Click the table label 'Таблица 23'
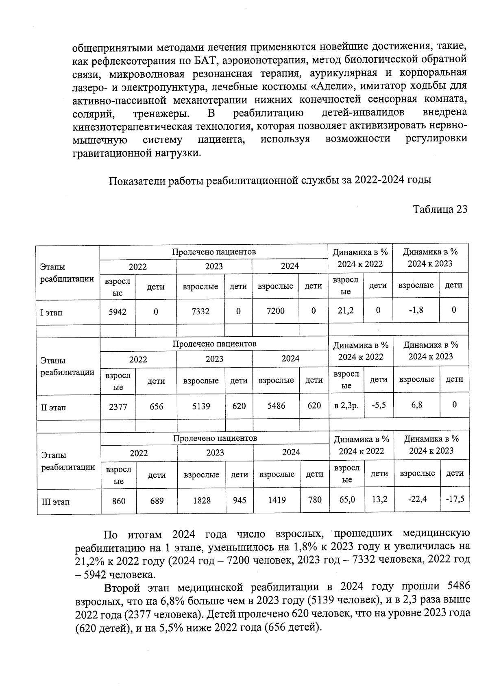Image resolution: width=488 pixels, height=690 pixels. pyautogui.click(x=440, y=209)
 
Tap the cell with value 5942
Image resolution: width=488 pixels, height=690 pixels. pyautogui.click(x=118, y=312)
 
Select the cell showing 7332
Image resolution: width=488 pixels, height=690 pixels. pyautogui.click(x=200, y=311)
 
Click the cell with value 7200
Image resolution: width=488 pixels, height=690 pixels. pyautogui.click(x=275, y=311)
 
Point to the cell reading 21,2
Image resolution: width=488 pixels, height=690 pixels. pyautogui.click(x=346, y=310)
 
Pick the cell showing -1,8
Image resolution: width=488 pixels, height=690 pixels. pyautogui.click(x=416, y=310)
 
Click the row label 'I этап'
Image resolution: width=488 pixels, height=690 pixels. pyautogui.click(x=52, y=313)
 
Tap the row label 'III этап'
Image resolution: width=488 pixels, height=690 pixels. pyautogui.click(x=56, y=501)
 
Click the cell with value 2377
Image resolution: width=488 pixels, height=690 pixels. pyautogui.click(x=118, y=406)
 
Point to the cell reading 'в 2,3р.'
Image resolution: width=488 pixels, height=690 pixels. pyautogui.click(x=346, y=405)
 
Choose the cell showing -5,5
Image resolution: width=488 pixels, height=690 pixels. pyautogui.click(x=379, y=405)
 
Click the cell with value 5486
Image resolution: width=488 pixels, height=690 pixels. pyautogui.click(x=276, y=405)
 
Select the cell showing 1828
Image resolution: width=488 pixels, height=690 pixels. pyautogui.click(x=202, y=501)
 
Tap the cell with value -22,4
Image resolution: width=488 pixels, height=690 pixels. pyautogui.click(x=417, y=499)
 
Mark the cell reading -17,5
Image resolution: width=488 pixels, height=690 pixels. pyautogui.click(x=455, y=498)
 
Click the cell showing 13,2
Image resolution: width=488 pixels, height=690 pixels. pyautogui.click(x=379, y=499)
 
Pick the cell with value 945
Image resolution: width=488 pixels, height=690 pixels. pyautogui.click(x=240, y=500)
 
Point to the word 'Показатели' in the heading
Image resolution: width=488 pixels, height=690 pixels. pyautogui.click(x=135, y=180)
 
